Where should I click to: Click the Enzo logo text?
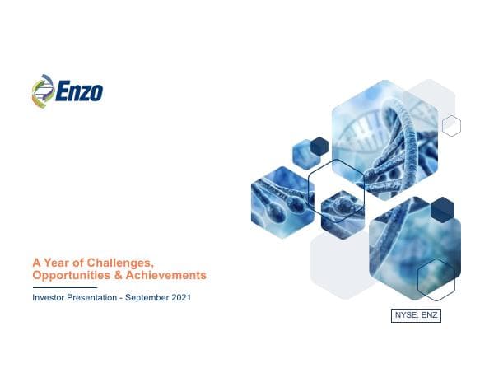pyautogui.click(x=80, y=90)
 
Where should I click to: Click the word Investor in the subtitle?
pyautogui.click(x=50, y=297)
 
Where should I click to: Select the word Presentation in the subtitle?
pyautogui.click(x=96, y=297)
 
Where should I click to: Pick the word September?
pyautogui.click(x=149, y=297)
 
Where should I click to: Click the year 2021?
pyautogui.click(x=181, y=297)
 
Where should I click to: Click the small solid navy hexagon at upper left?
pyautogui.click(x=319, y=146)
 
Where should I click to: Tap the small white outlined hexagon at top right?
pyautogui.click(x=451, y=126)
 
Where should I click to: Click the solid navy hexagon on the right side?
pyautogui.click(x=442, y=209)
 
